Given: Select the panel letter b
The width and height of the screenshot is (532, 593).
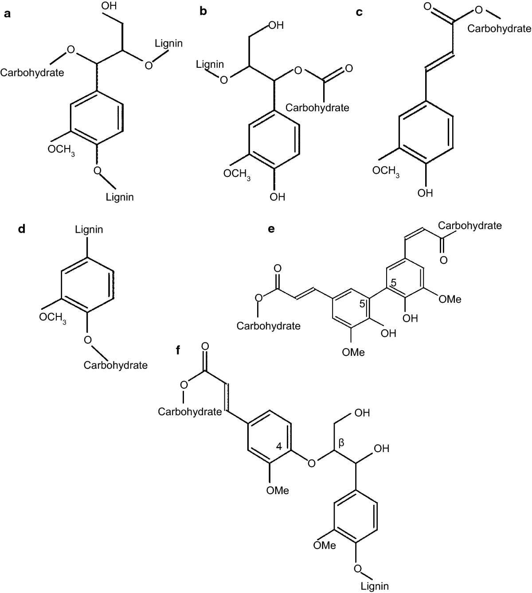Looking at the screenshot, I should click(x=203, y=11).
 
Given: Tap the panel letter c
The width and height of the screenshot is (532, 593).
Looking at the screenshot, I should click(x=360, y=12).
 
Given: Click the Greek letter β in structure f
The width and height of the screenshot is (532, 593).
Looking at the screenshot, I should click(x=341, y=442).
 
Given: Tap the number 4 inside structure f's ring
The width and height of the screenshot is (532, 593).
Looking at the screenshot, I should click(x=279, y=446).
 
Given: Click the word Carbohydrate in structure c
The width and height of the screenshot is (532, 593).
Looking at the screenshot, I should click(x=499, y=29).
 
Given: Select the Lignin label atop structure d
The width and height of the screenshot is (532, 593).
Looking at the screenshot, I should click(x=89, y=230).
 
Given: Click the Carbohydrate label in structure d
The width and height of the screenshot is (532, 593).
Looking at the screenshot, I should click(x=115, y=365).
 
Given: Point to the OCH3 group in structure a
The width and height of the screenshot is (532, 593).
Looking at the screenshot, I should click(x=61, y=150).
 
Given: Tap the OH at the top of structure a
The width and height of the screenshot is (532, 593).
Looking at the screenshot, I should click(x=109, y=7).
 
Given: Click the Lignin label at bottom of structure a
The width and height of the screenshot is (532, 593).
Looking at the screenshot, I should click(x=120, y=197).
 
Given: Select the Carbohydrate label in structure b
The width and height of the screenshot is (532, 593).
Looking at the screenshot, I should click(x=317, y=108).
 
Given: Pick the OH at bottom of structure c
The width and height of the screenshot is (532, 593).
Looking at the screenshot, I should click(x=425, y=193).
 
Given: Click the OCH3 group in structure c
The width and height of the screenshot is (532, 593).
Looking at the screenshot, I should click(x=386, y=171).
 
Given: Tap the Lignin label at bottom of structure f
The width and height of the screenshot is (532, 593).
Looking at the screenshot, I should click(x=375, y=586).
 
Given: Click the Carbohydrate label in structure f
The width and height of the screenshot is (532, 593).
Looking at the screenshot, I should click(x=190, y=412).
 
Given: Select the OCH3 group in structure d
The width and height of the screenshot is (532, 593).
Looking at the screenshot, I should click(x=53, y=318).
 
